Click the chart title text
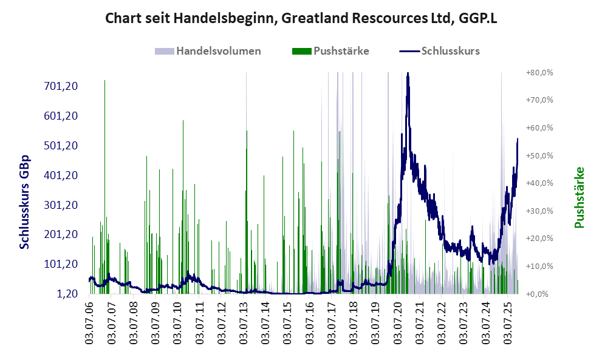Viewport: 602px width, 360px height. tap(301, 18)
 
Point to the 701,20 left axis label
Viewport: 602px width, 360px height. tap(61, 86)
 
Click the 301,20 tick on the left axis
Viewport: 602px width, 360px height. tap(61, 205)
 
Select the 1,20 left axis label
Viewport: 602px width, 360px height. tap(67, 294)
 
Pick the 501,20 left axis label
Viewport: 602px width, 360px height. tap(61, 146)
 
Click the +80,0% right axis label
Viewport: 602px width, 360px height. tap(539, 72)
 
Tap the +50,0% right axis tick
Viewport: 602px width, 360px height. tap(539, 155)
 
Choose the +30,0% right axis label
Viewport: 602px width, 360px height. tap(539, 211)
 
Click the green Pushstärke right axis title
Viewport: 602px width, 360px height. tap(578, 198)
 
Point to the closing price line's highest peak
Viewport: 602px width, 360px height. tap(408, 74)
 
